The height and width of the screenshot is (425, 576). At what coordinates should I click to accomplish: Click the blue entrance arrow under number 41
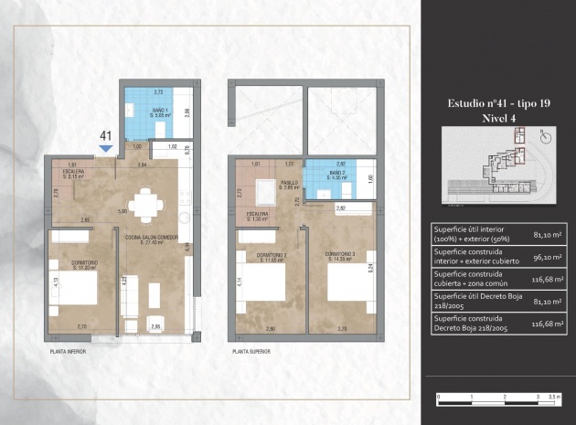point(105,147)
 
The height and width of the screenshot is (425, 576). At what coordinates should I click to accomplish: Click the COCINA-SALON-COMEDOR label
point(150,239)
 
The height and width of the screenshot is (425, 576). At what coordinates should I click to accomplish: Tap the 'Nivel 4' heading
point(495,118)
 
